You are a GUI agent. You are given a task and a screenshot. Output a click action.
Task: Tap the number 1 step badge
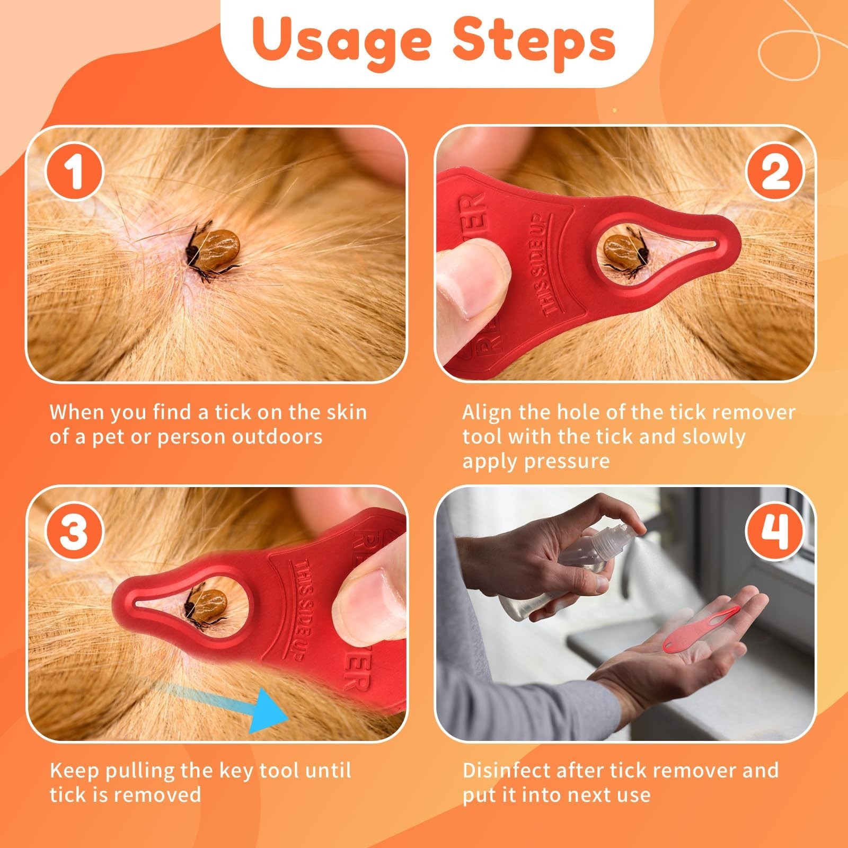click(74, 171)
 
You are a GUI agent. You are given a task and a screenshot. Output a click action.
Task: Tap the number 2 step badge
click(775, 171)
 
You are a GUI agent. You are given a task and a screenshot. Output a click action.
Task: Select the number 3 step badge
click(74, 531)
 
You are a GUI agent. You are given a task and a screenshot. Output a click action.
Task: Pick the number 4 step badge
click(775, 531)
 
